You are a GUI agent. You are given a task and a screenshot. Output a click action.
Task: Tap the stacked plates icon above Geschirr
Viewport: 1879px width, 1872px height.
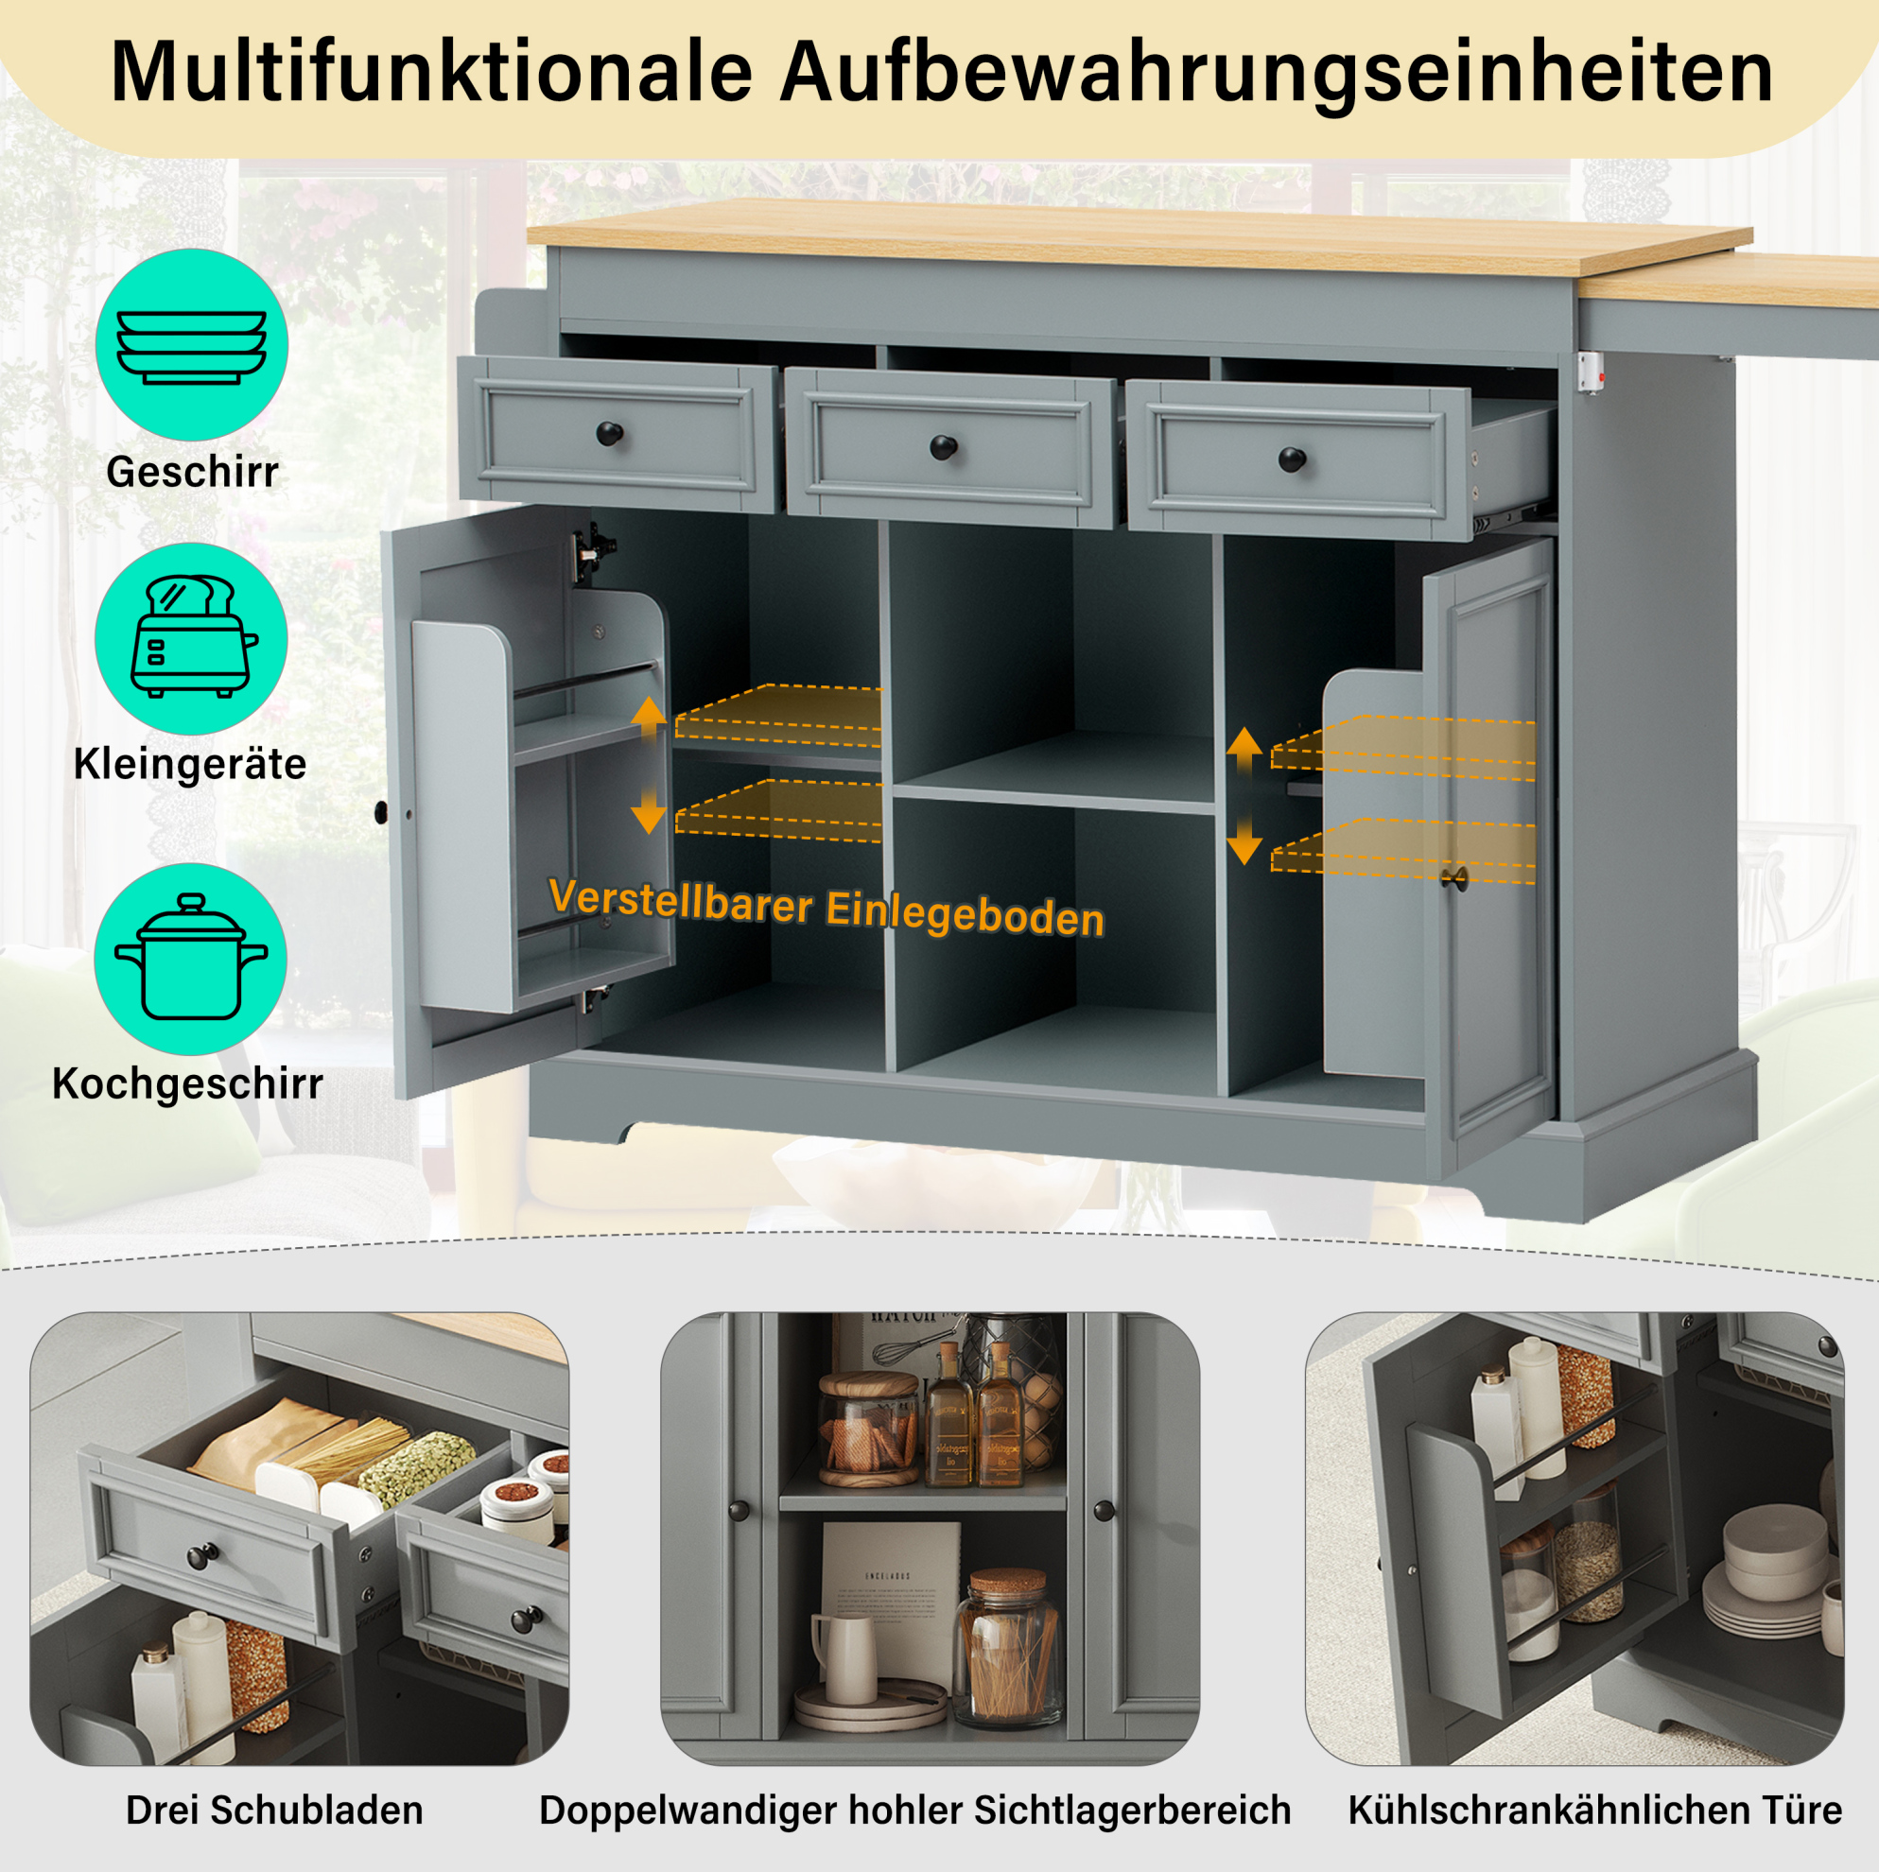[192, 347]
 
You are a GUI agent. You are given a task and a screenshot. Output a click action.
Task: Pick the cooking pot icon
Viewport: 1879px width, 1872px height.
[191, 957]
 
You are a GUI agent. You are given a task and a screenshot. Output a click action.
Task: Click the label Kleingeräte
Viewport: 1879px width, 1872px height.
[191, 764]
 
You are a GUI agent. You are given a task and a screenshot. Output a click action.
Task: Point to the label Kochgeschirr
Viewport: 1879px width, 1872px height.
[187, 1084]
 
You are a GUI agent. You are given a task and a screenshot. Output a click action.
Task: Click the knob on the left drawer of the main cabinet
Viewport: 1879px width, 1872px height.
[609, 434]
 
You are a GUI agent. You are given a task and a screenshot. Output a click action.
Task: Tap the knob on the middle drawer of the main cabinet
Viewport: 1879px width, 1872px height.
[943, 447]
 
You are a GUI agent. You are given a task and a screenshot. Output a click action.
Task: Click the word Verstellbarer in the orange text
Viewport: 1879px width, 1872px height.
[681, 900]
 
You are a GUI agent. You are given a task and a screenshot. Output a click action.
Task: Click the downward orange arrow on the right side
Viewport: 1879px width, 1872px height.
[1244, 841]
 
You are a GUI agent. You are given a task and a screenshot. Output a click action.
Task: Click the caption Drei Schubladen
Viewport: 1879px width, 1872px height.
[275, 1810]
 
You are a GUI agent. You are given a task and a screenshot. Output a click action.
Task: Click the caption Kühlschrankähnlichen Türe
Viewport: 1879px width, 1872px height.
[1595, 1810]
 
